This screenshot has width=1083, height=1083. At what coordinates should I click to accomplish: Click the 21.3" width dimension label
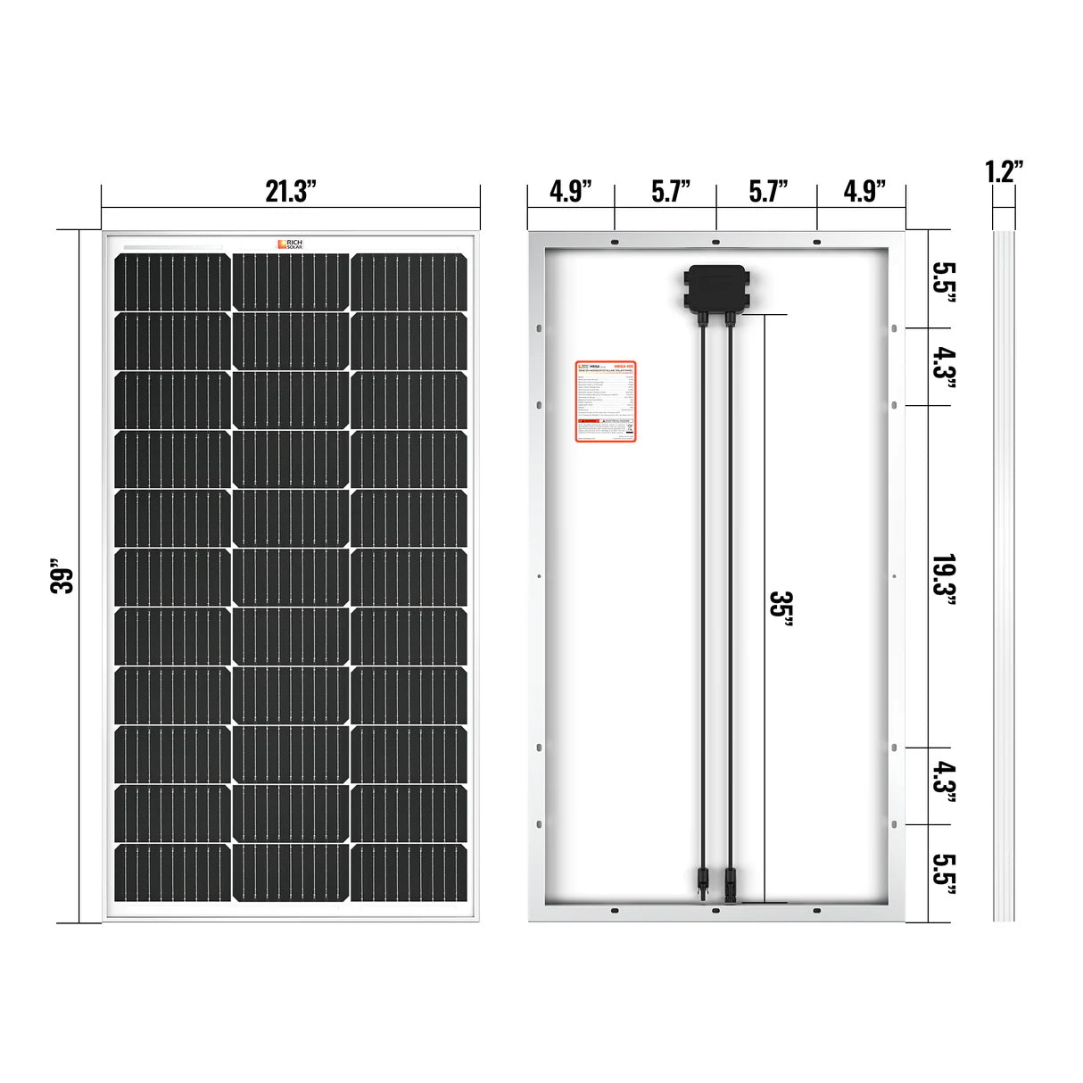point(291,192)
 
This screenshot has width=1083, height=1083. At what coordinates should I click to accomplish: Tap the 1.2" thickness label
point(1004,171)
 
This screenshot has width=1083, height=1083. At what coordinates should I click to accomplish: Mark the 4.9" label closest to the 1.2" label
point(863,192)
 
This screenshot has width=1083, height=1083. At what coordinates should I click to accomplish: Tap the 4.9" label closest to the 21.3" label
point(570,192)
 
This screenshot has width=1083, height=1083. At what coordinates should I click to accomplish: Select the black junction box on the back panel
point(717,286)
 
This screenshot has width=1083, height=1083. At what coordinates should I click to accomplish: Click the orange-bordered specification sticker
point(604,401)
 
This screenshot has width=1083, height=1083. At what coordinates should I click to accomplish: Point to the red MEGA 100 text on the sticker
point(621,366)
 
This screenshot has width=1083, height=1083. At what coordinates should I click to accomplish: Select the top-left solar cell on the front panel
point(171,281)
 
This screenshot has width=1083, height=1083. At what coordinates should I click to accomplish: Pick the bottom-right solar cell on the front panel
point(409,871)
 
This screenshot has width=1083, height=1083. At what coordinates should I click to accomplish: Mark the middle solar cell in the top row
point(290,281)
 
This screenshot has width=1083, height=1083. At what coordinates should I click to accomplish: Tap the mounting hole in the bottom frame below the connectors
point(715,910)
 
